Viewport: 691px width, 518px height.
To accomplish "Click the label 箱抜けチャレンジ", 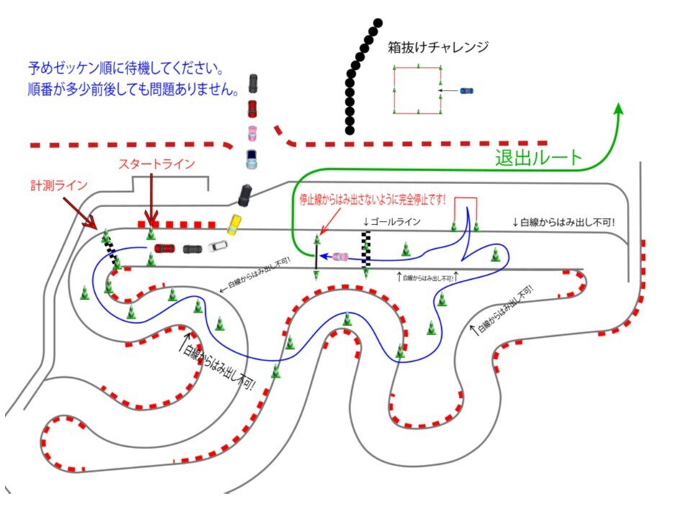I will (438, 47).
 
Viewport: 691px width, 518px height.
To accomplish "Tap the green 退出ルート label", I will (538, 158).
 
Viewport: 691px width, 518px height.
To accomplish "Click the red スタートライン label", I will (156, 164).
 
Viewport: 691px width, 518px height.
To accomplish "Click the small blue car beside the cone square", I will (466, 91).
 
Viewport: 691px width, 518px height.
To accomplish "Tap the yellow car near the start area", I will (233, 224).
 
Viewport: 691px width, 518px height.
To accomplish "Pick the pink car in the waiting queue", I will (253, 134).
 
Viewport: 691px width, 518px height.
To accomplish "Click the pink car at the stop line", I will (340, 256).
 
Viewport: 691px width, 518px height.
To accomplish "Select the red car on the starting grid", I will (164, 248).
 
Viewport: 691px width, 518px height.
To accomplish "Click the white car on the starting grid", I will (217, 247).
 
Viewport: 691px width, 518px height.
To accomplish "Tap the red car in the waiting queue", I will (252, 109).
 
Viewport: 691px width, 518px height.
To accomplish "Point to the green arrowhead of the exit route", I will (618, 108).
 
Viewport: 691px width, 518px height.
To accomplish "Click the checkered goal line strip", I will (366, 248).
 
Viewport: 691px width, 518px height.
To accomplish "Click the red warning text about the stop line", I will (374, 199).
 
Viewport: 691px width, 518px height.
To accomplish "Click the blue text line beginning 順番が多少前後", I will (130, 91).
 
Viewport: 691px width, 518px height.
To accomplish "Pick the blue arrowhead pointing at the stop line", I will (323, 255).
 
